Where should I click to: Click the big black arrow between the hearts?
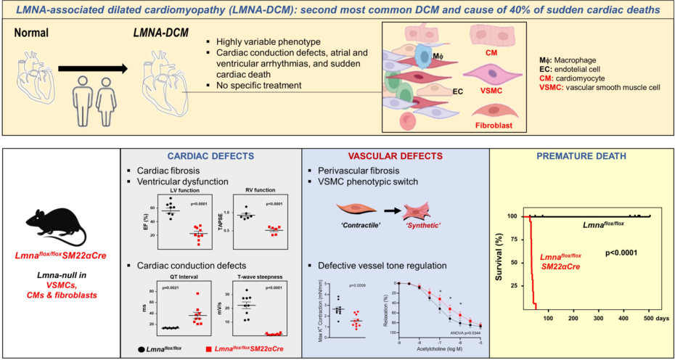[x=94, y=68]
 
